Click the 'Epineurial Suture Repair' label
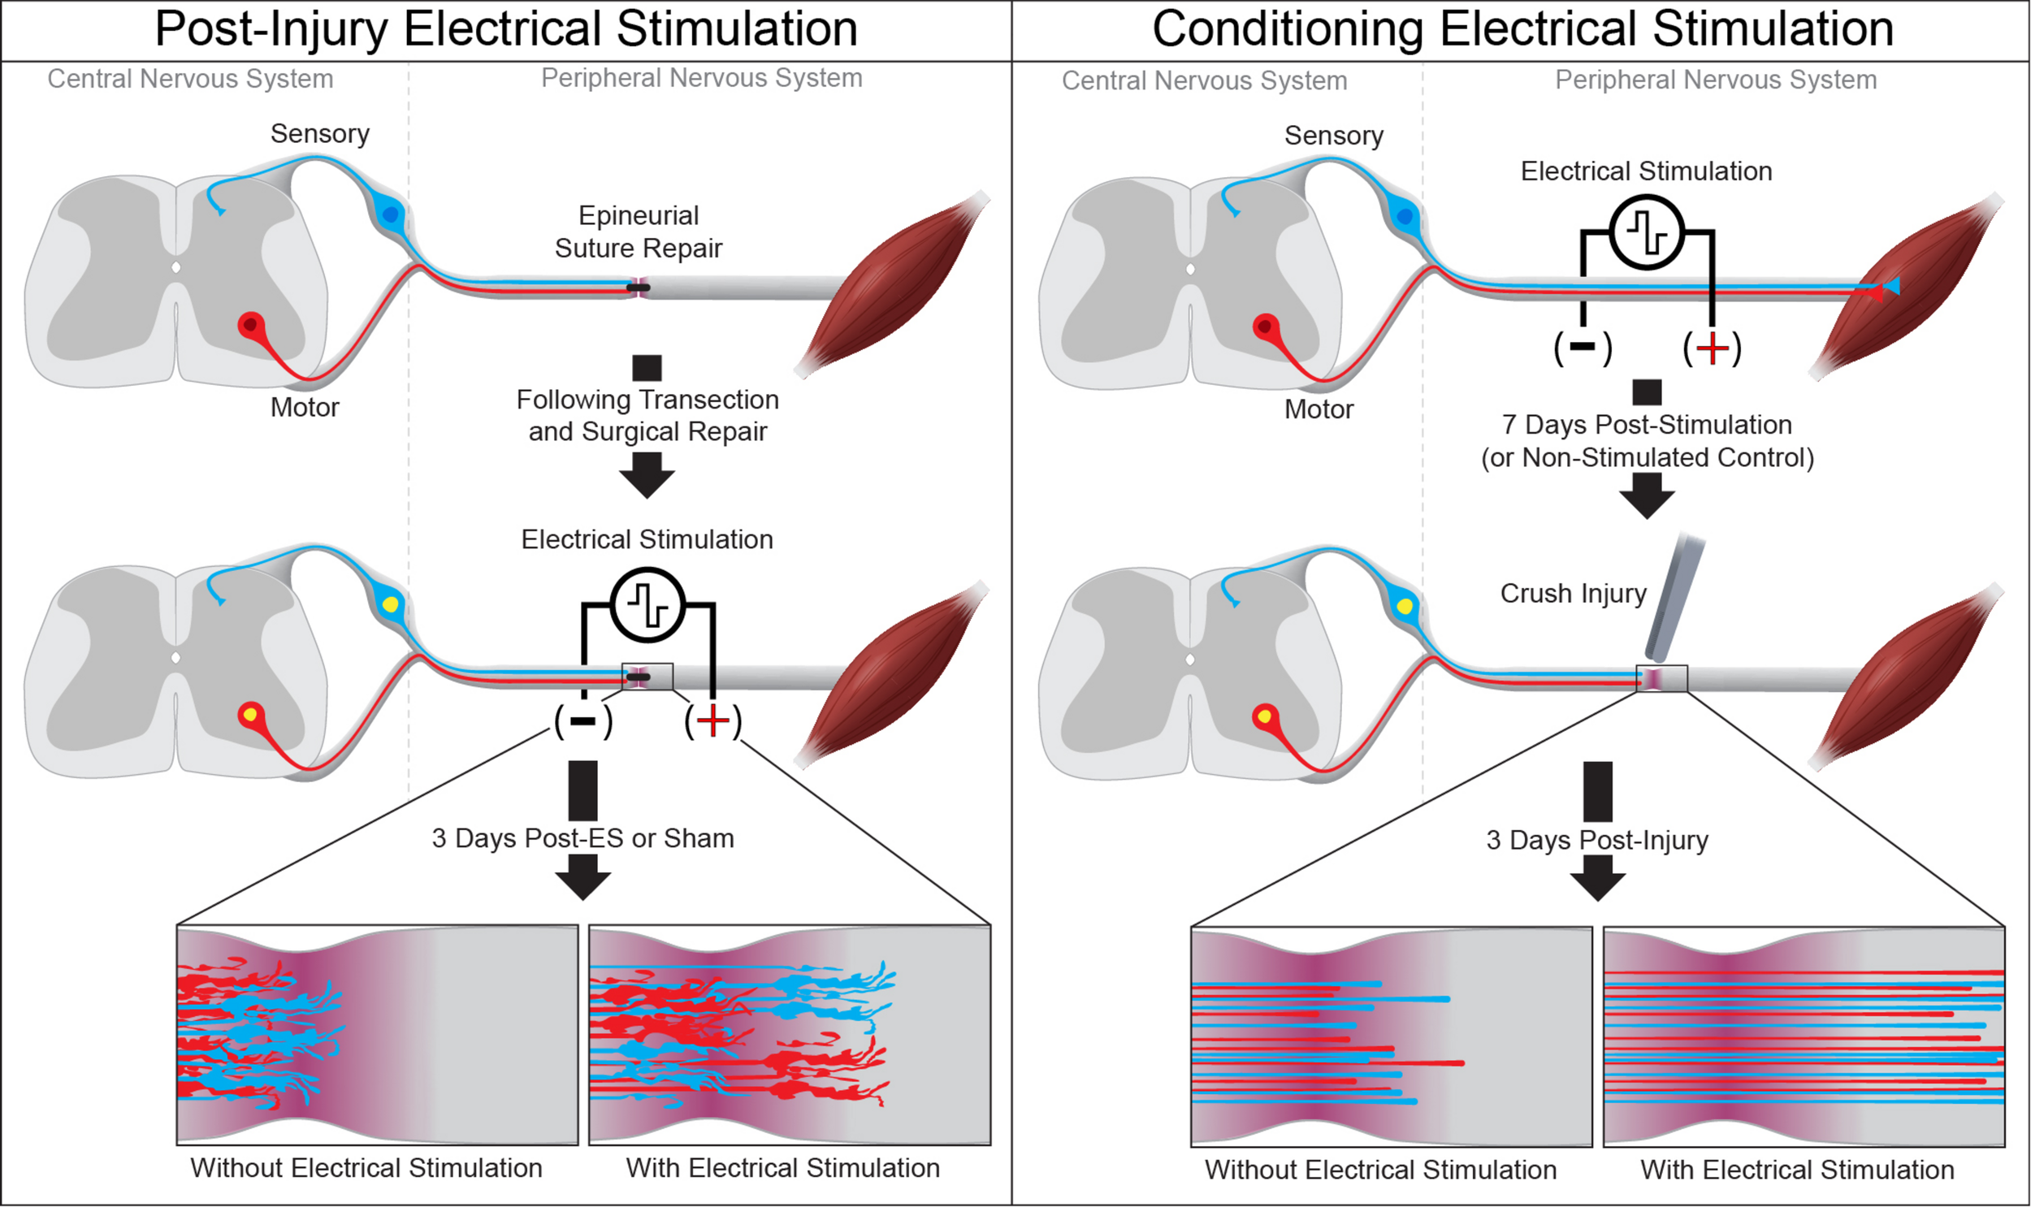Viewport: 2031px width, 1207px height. click(x=639, y=231)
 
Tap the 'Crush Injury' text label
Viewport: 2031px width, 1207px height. click(x=1573, y=593)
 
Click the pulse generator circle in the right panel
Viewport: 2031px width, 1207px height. click(x=1646, y=232)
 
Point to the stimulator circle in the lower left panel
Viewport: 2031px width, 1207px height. click(x=647, y=605)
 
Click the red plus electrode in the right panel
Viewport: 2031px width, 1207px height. click(x=1713, y=348)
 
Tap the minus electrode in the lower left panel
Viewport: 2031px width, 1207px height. click(x=583, y=721)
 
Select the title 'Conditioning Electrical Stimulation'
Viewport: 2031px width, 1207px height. click(x=1522, y=29)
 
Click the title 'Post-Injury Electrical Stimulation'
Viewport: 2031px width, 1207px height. click(x=506, y=29)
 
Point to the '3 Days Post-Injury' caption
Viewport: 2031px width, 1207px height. click(x=1596, y=840)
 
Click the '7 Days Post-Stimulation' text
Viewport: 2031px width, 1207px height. click(x=1647, y=425)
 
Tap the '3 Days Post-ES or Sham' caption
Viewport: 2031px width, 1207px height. click(x=582, y=837)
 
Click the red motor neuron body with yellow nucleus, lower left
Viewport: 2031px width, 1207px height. click(x=250, y=715)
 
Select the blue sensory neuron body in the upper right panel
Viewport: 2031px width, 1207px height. click(x=1405, y=216)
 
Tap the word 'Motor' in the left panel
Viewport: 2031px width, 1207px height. click(x=304, y=407)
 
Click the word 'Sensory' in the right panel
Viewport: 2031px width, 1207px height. click(x=1333, y=135)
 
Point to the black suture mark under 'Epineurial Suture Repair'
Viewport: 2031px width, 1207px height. click(x=639, y=287)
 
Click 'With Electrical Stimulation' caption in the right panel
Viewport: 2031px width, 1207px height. click(x=1797, y=1170)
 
